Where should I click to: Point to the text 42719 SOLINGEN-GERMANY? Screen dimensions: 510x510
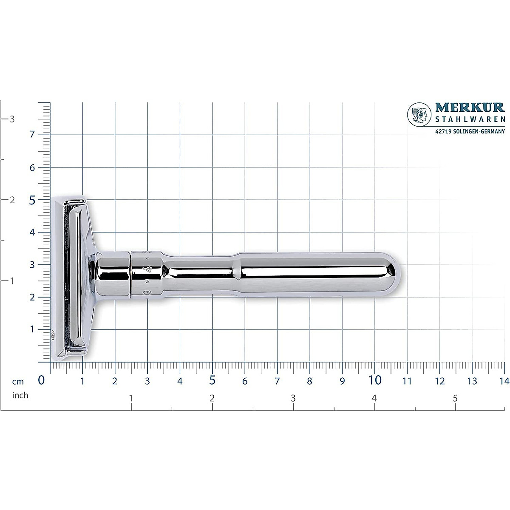pos(470,132)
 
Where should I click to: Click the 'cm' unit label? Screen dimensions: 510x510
pos(18,381)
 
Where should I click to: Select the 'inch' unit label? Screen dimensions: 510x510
pos(20,395)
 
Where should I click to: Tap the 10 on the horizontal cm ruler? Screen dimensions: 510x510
pos(375,380)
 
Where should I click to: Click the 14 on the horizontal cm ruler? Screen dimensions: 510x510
pos(504,381)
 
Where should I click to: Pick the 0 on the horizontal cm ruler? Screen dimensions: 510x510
pos(41,380)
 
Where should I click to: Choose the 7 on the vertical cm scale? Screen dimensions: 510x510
pos(32,135)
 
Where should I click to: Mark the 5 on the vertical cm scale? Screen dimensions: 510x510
pos(32,200)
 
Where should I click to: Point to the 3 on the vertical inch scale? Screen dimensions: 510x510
pos(12,119)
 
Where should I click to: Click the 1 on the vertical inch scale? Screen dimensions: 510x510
pos(12,281)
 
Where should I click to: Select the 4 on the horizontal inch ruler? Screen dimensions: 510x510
pos(374,398)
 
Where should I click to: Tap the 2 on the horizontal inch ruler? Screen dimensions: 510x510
pos(212,398)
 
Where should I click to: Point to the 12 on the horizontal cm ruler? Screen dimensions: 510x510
pos(439,381)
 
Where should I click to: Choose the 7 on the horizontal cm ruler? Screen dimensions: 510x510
pos(277,381)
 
